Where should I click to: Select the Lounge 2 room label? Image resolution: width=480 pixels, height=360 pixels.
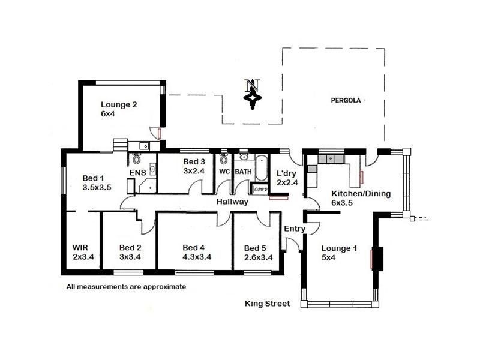(119, 104)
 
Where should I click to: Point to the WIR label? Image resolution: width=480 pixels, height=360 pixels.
(80, 247)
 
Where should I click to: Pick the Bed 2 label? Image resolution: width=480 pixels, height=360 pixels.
(130, 247)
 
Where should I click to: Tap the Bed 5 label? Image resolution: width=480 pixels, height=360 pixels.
(254, 248)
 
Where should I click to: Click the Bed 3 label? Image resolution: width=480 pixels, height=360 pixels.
(194, 161)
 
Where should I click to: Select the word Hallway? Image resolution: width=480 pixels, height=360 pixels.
(232, 202)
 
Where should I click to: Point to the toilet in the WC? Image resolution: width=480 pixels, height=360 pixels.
(224, 159)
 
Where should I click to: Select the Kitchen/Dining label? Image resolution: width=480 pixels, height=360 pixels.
(361, 193)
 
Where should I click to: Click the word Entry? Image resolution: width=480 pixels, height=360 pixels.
(294, 229)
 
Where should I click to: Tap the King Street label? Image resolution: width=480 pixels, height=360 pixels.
(267, 304)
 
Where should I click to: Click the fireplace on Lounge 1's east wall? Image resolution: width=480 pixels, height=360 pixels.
(377, 258)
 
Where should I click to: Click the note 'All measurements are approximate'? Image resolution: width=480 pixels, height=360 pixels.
(126, 287)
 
